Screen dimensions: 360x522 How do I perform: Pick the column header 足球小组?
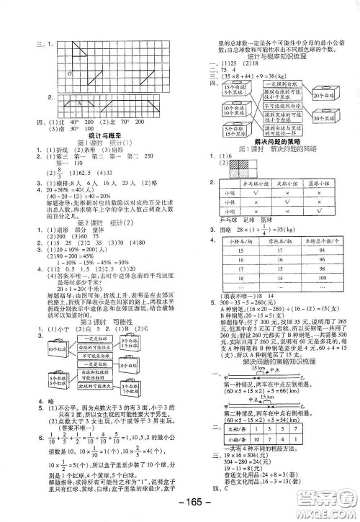coord(286,184)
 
